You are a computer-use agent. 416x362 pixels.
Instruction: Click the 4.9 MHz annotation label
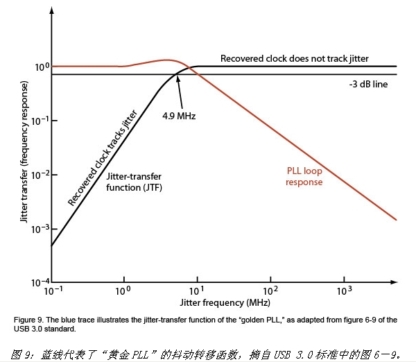[179, 116]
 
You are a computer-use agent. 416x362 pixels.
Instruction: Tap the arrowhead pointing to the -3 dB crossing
[178, 78]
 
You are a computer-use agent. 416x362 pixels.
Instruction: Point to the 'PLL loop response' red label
[304, 176]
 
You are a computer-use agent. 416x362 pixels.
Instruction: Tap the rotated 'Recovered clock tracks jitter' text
[102, 157]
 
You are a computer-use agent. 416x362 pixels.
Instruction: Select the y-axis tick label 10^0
[42, 67]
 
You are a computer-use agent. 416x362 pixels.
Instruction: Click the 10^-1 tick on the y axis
[40, 121]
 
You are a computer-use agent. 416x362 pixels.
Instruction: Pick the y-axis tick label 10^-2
[40, 175]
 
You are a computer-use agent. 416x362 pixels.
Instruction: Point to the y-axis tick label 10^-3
[40, 229]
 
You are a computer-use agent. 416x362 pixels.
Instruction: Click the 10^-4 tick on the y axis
[40, 283]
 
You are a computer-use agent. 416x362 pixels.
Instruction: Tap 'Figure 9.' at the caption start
[28, 319]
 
